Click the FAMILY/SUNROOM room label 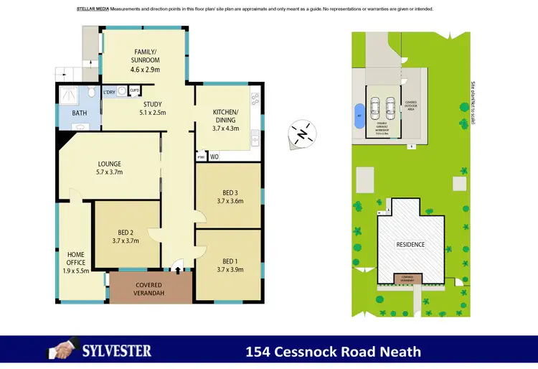point(146,56)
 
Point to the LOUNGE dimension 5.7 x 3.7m point(110,172)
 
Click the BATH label point(79,113)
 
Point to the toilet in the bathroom point(92,93)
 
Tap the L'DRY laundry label point(110,92)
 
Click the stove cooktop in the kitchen point(255,98)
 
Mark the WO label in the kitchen point(214,156)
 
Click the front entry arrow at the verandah point(177,271)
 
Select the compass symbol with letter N point(303,134)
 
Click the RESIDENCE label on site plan point(410,245)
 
